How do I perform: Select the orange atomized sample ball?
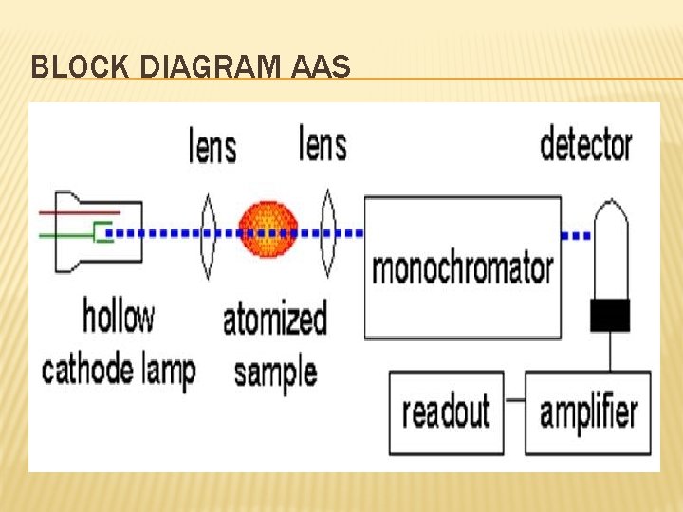268,230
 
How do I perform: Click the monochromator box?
462,267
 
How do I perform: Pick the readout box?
446,412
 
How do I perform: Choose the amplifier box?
587,412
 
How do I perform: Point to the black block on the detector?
609,315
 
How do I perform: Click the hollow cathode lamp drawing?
94,230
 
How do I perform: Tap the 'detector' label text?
585,145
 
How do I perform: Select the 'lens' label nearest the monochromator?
323,145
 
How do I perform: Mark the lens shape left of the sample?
209,231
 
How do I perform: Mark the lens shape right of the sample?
328,231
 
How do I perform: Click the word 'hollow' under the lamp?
118,316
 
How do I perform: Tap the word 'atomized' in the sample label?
275,320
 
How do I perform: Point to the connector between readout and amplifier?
515,399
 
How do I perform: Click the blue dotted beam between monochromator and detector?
577,234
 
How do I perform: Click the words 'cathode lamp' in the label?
118,368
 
